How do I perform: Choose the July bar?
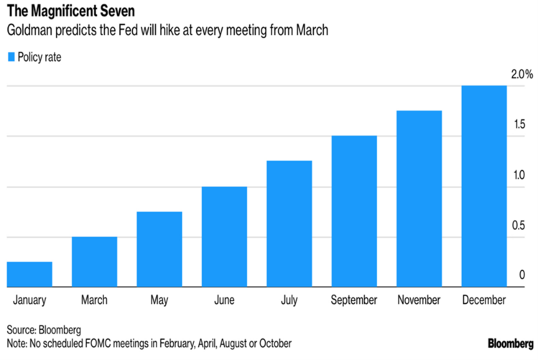[289, 223]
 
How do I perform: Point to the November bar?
[419, 198]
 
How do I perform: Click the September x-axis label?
[354, 300]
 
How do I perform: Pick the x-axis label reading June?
[224, 300]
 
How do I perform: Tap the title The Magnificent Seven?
[64, 12]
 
